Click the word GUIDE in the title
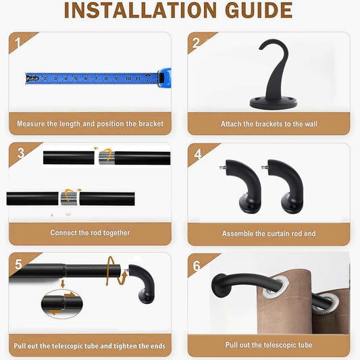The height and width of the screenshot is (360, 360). pos(259,10)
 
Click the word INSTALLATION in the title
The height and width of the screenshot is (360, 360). pos(140,10)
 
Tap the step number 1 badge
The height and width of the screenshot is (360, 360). pos(18,43)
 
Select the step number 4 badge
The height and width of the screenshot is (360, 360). pos(198,154)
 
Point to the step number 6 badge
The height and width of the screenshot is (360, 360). pos(197,266)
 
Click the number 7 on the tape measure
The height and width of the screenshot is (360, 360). pos(96,78)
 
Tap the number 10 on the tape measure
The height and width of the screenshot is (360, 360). pos(128,79)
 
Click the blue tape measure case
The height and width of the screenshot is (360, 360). pos(164,78)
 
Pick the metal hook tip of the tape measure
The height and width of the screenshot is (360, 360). pos(32,78)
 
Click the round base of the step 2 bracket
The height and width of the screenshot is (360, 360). pos(274,103)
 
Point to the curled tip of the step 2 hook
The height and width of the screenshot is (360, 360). pos(262,47)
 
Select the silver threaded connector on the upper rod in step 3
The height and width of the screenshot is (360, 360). pos(107,158)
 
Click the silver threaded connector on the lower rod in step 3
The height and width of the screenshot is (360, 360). pos(69,199)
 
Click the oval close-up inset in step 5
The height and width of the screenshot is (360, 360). pos(62,304)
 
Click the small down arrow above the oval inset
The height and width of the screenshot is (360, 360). pos(62,284)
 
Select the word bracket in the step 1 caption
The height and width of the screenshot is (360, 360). pos(151,124)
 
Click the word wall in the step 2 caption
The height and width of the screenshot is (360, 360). pos(311,124)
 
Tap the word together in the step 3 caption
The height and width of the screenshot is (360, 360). pos(116,233)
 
